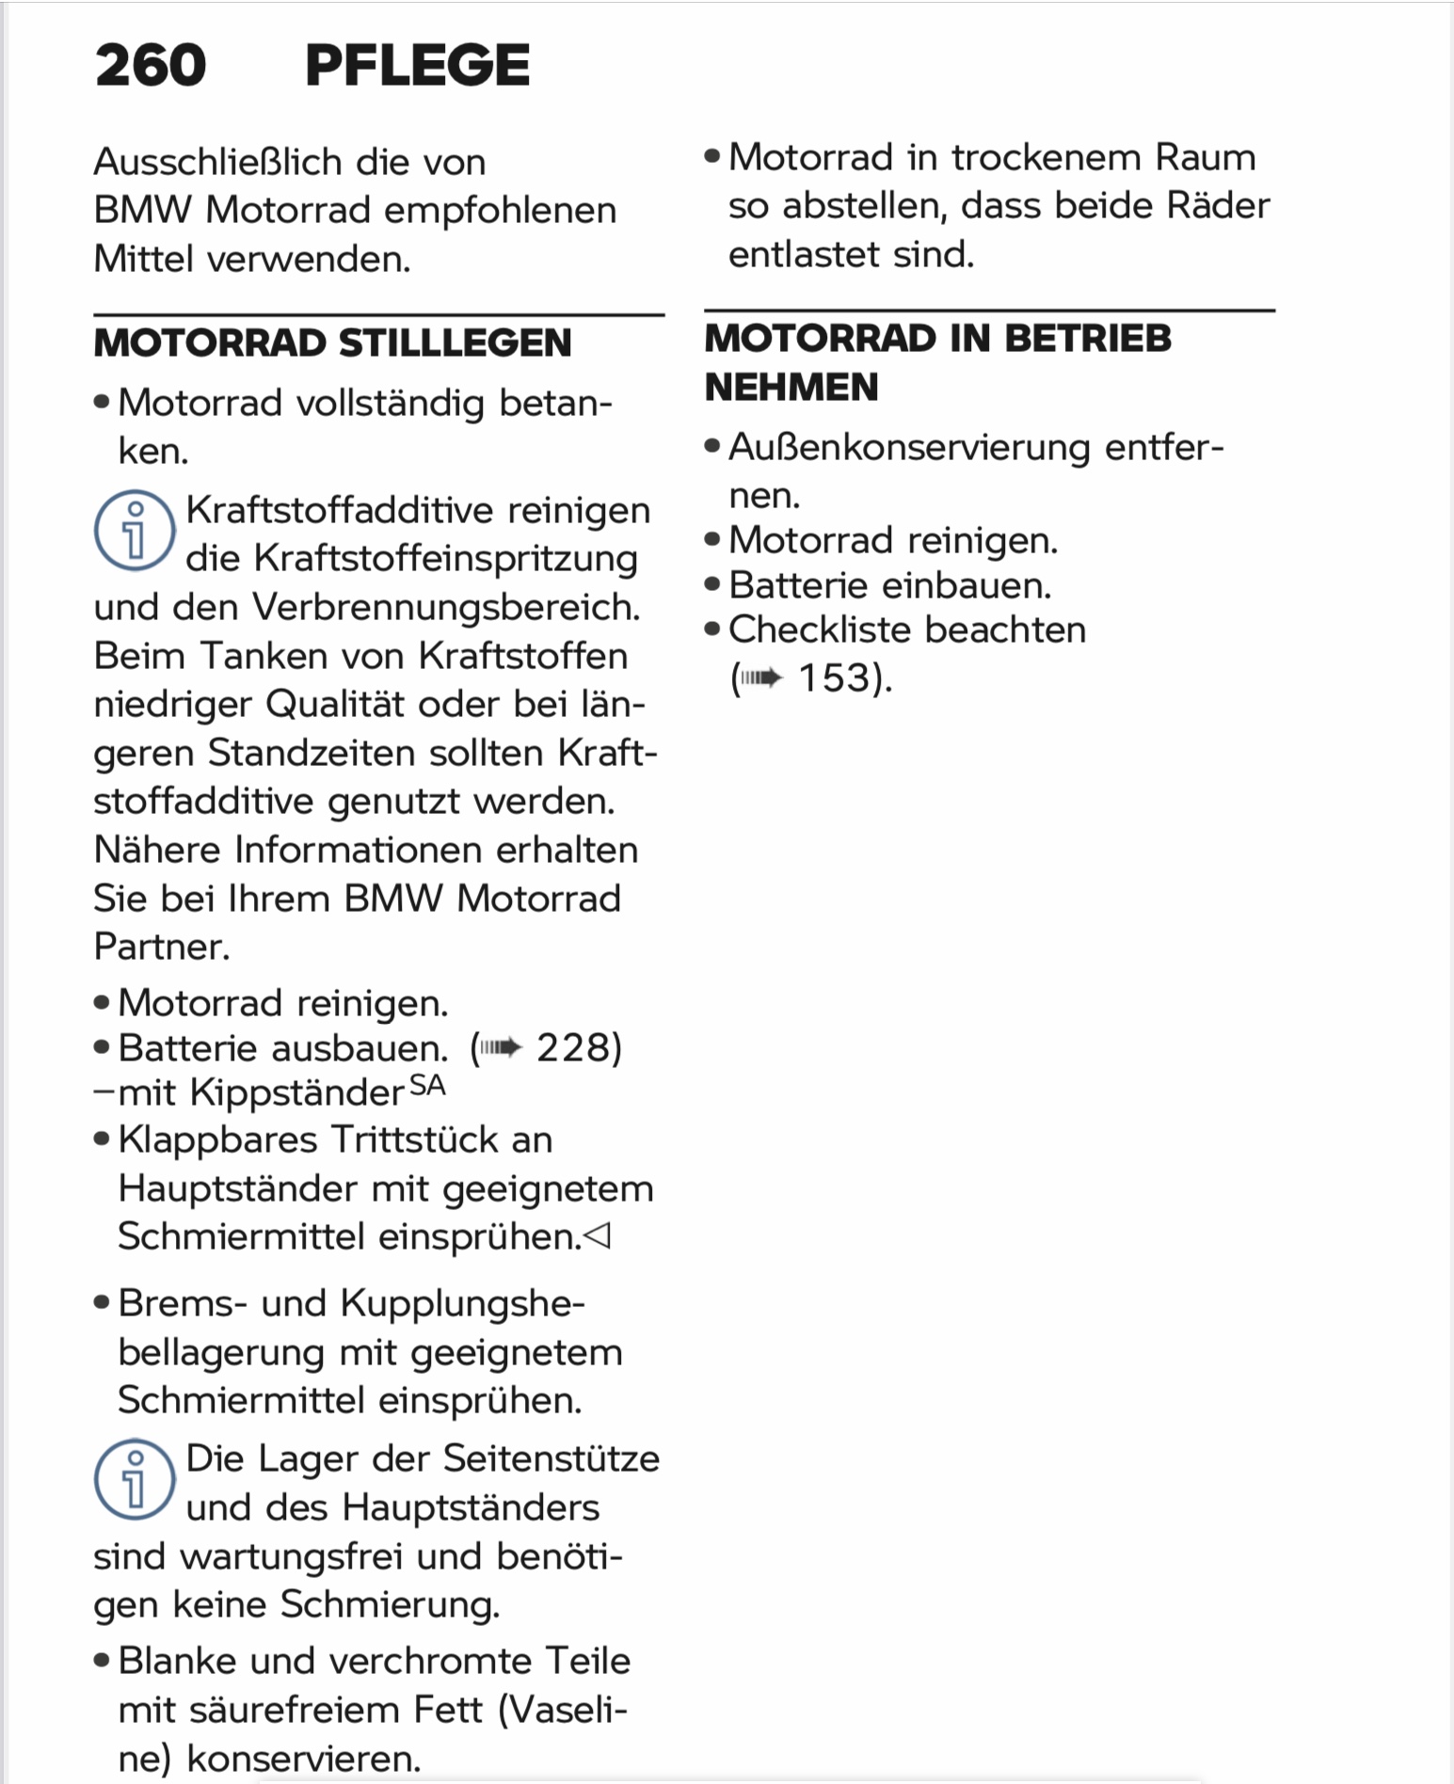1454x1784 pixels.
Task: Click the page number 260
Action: click(151, 66)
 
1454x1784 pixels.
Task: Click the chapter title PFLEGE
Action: click(417, 66)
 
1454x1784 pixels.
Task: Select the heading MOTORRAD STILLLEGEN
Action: click(332, 343)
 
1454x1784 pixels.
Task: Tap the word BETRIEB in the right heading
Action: click(1088, 339)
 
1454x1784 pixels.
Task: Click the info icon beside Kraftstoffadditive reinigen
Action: click(134, 531)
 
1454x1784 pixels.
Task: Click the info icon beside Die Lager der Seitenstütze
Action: click(134, 1479)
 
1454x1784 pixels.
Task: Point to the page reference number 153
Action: click(834, 678)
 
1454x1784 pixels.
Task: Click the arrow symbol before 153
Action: click(761, 678)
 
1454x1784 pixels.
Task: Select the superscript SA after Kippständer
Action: click(427, 1086)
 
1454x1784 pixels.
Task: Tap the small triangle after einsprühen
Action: click(598, 1235)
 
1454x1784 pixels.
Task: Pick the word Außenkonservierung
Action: click(909, 447)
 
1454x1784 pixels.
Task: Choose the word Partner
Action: click(160, 947)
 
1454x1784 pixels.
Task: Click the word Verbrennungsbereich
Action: click(445, 608)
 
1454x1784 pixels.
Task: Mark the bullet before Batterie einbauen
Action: click(712, 585)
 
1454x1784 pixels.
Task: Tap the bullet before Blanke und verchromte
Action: click(102, 1661)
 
